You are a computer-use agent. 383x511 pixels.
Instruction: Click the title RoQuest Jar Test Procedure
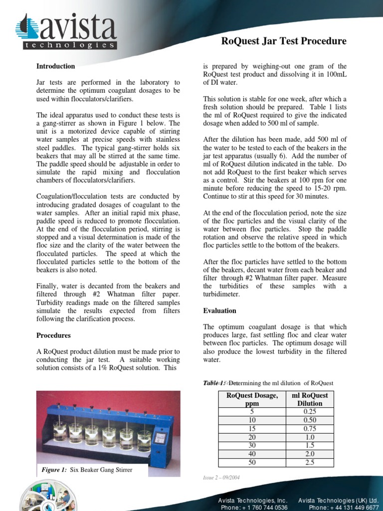coord(283,41)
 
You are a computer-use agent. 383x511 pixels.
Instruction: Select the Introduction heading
coord(55,66)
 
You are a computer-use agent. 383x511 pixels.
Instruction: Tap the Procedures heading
coord(53,335)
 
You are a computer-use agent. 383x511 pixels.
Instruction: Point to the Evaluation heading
coord(219,310)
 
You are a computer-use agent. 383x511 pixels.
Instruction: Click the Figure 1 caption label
coord(54,470)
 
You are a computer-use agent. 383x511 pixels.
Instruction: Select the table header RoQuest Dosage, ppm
coord(252,399)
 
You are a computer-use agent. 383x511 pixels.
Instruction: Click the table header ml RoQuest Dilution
coord(310,399)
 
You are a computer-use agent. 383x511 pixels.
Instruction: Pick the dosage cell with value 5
coord(252,412)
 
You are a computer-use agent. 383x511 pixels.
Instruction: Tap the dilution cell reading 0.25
coord(310,412)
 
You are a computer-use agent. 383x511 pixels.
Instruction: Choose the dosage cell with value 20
coord(252,437)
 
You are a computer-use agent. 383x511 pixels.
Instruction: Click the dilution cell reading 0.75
coord(310,429)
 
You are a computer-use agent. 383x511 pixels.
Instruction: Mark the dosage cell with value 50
coord(252,463)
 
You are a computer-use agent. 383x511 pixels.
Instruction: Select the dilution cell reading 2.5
coord(310,463)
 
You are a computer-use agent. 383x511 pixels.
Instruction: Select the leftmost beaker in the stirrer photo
coord(60,432)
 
